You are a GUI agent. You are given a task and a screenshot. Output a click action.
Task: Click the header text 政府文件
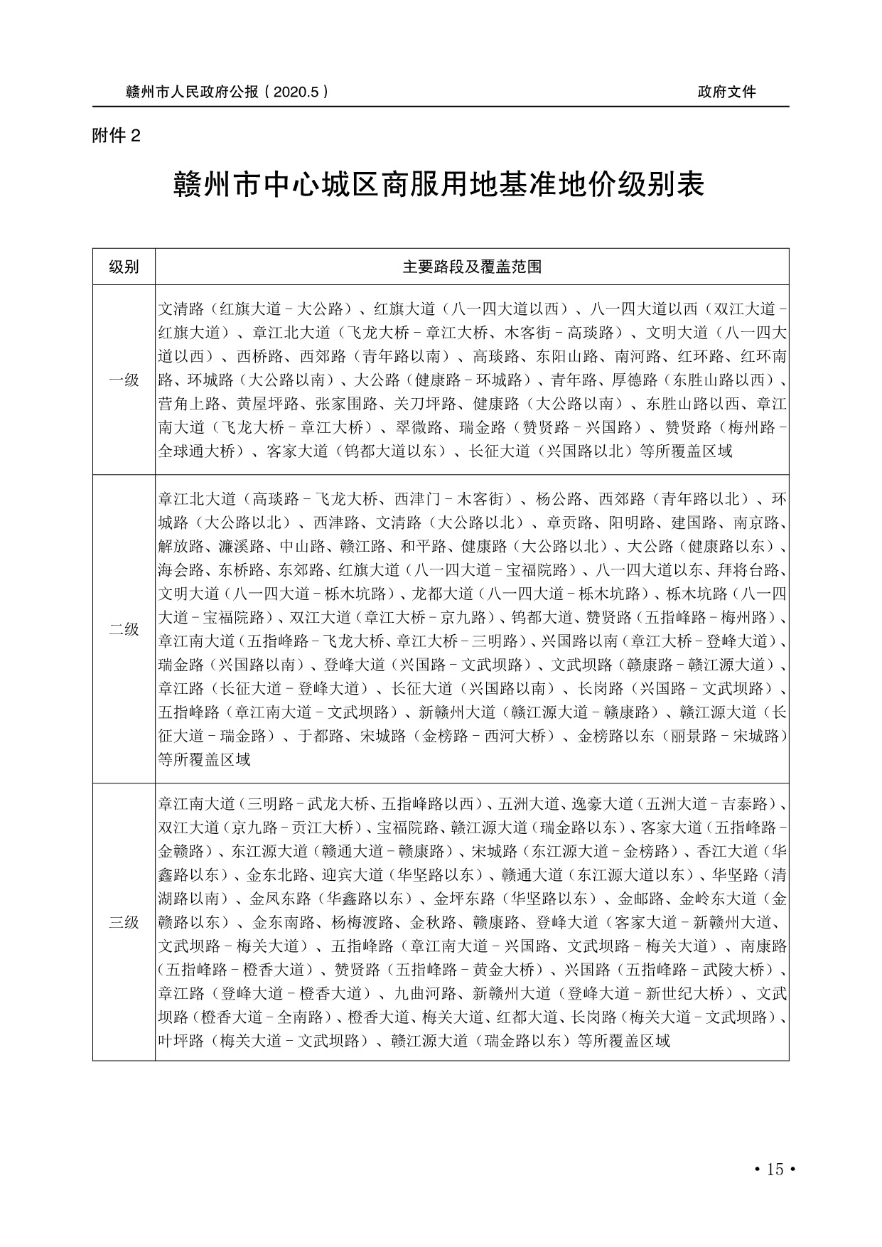point(726,92)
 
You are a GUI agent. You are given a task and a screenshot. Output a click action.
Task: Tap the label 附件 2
point(117,136)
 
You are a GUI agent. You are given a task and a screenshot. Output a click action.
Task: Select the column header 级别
point(124,267)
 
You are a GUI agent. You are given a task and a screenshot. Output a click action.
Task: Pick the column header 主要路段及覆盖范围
point(472,267)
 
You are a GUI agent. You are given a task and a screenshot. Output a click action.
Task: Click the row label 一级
point(124,380)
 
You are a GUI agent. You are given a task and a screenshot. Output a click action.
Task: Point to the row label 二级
point(124,629)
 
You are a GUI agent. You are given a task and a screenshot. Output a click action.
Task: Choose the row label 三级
point(124,923)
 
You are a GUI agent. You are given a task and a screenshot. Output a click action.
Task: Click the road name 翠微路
point(418,427)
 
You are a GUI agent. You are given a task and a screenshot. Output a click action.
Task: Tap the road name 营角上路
point(189,404)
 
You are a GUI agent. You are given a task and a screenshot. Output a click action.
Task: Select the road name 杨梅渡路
point(362,923)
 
